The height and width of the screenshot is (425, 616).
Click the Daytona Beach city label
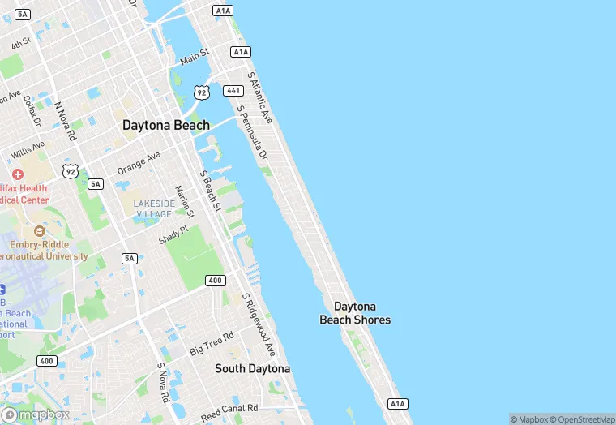[x=165, y=125]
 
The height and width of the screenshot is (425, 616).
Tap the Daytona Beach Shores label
[x=355, y=313]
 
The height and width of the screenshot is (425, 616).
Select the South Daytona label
[x=252, y=369]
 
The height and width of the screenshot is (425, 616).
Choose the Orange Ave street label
[x=139, y=162]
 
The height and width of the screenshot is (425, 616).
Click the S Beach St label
[x=210, y=191]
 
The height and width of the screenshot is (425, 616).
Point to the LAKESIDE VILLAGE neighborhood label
[x=153, y=208]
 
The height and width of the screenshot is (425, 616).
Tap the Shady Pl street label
[x=173, y=235]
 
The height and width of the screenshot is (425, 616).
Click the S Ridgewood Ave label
[x=259, y=324]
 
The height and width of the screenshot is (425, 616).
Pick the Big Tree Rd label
[x=212, y=343]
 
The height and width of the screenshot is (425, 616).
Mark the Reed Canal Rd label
[x=229, y=409]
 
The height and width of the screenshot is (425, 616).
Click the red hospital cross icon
[x=18, y=174]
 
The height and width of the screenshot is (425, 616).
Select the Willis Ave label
[x=28, y=151]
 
